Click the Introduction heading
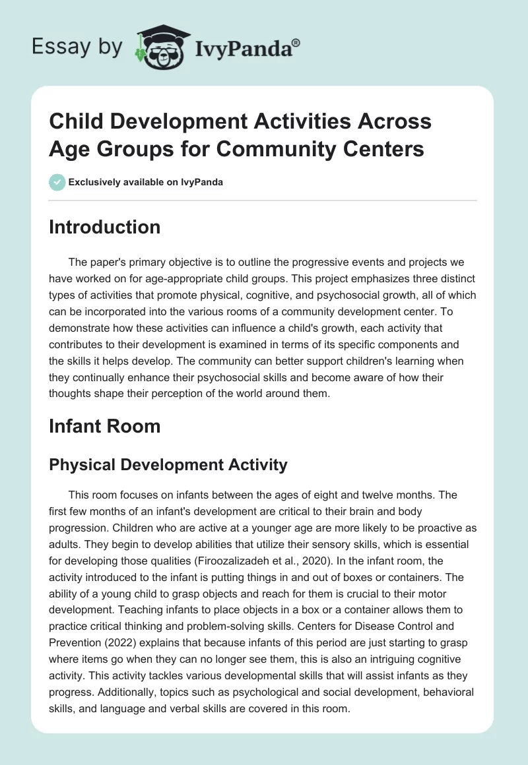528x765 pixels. coord(104,227)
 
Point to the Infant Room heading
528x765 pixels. coord(104,426)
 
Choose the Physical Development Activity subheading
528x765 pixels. coord(168,464)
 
